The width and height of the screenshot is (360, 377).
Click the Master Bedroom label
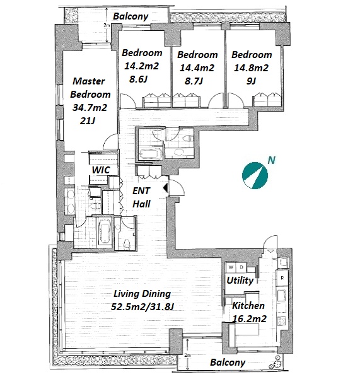[90, 88]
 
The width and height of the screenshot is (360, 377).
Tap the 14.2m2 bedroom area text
[141, 66]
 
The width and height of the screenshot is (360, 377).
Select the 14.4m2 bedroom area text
[197, 68]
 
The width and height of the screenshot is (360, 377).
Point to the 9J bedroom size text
[251, 81]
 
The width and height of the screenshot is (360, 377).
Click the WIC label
[101, 170]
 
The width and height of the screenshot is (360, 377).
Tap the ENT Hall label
[141, 197]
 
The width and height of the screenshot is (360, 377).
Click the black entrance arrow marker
[165, 188]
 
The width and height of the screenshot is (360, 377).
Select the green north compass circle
[255, 175]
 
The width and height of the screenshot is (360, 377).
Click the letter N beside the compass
[272, 160]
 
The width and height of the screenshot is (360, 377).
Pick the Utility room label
[240, 281]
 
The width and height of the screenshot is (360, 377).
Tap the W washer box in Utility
[231, 267]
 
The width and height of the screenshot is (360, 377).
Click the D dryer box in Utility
[241, 267]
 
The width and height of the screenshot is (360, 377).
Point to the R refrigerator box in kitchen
[282, 278]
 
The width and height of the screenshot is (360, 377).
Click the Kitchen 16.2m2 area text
[250, 319]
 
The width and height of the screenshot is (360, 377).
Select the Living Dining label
[142, 294]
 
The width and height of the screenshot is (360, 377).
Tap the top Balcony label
[131, 16]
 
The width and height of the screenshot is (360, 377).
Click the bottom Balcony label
[228, 362]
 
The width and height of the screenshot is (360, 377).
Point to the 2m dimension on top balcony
[107, 25]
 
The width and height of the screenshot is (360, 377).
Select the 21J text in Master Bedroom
[87, 120]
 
